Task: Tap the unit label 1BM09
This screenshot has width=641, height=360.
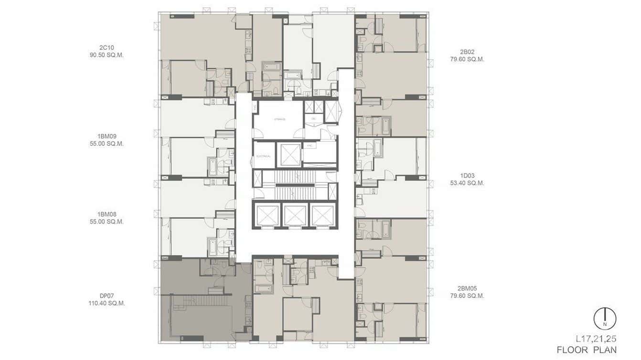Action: coord(107,136)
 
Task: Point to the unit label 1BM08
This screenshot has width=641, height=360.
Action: coord(107,214)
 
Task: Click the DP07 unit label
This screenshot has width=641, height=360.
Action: coord(107,296)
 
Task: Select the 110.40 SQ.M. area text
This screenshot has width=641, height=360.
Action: coord(107,303)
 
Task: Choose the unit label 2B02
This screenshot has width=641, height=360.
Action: coord(467,52)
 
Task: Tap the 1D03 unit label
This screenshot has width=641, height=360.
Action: coord(467,175)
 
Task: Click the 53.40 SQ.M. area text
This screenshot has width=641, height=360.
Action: coord(467,183)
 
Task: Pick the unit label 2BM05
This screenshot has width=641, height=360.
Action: coord(467,288)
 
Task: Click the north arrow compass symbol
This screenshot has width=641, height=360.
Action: coord(605,318)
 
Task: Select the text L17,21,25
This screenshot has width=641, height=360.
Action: coord(596,339)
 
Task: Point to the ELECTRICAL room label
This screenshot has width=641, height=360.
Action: coord(264,156)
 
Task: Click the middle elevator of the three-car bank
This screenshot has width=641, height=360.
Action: coord(295,215)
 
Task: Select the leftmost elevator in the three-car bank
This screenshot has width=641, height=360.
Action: coord(267,215)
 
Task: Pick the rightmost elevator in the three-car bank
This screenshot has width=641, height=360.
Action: coord(322,215)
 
